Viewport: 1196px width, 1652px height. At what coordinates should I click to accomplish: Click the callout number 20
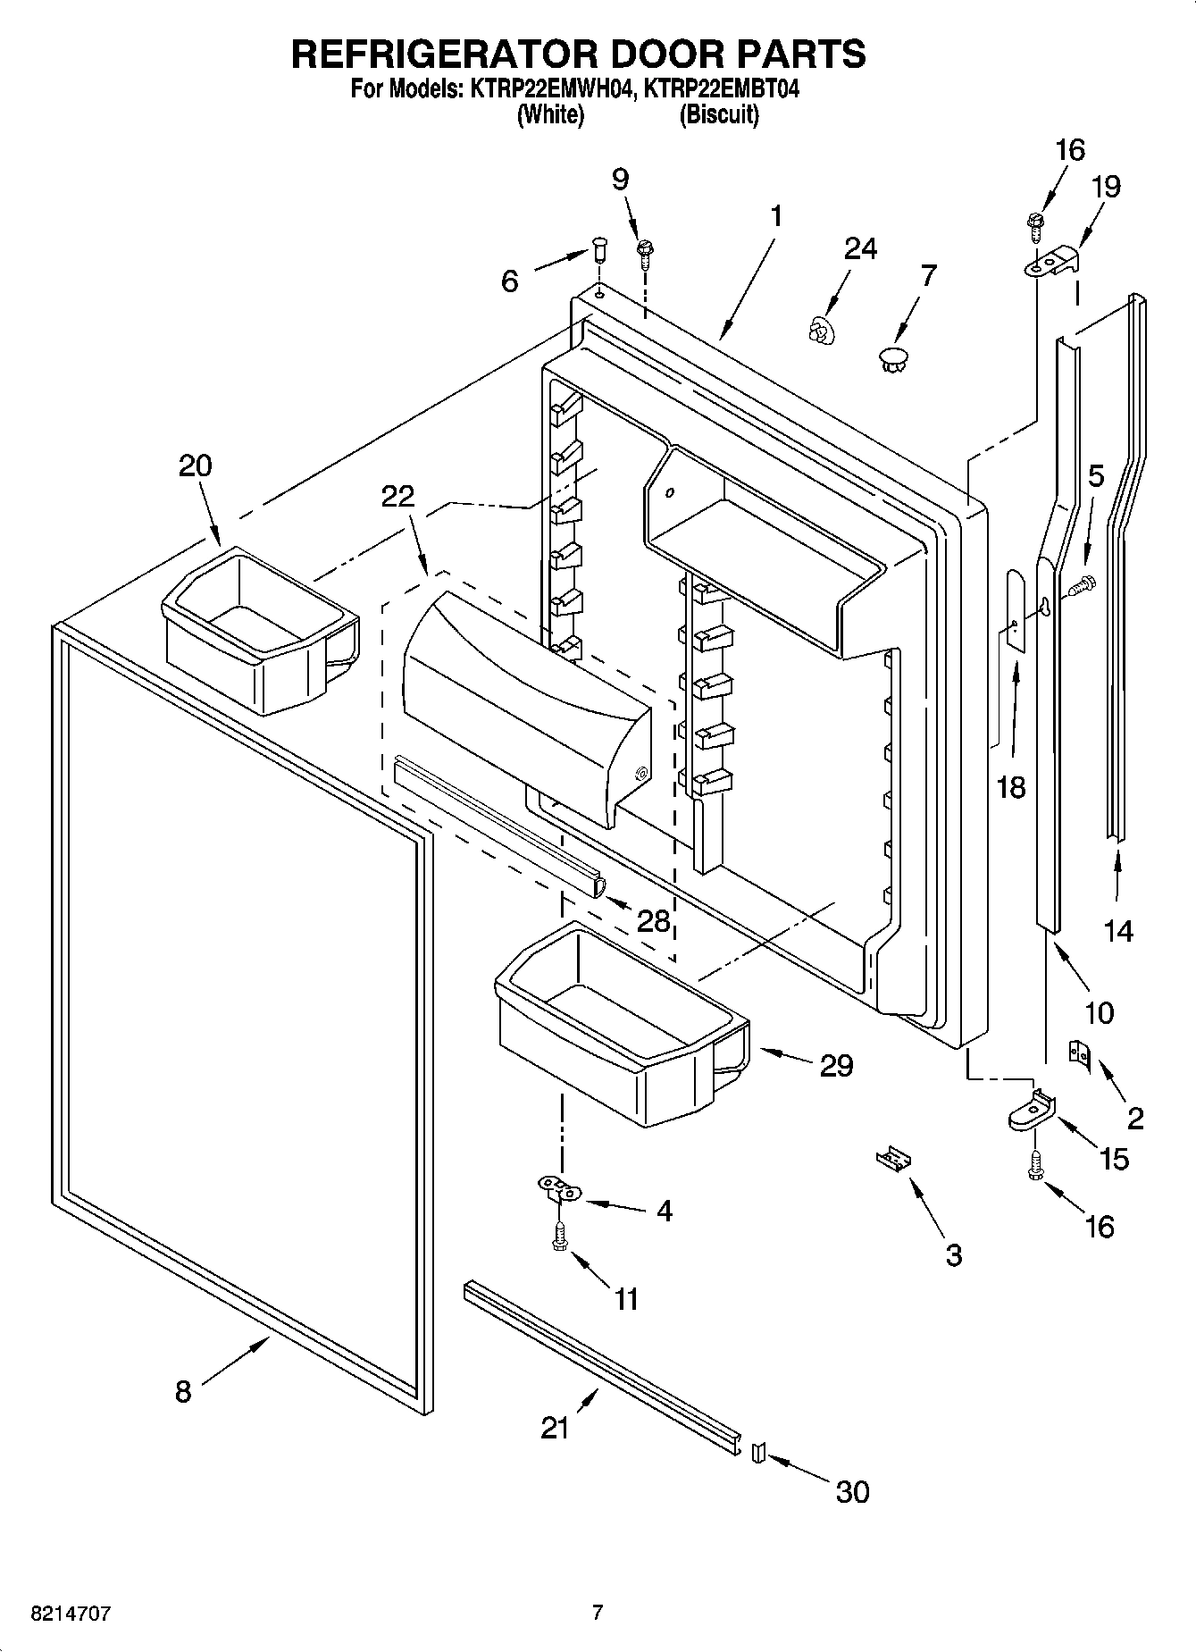click(196, 465)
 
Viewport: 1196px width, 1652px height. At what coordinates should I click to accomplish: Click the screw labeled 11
click(559, 1240)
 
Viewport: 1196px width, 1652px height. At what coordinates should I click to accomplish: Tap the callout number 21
click(555, 1428)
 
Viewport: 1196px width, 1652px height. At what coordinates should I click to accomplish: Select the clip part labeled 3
click(894, 1159)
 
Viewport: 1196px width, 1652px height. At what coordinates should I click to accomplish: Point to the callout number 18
click(1011, 787)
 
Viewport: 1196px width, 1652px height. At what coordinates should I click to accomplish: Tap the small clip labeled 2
click(1080, 1054)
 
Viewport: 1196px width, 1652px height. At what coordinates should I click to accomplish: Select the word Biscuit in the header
click(719, 115)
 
